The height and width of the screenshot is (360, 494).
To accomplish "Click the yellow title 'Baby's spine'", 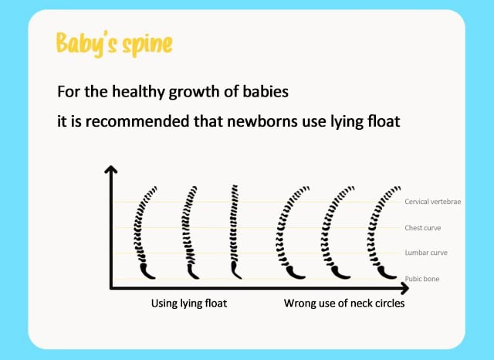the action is pyautogui.click(x=114, y=44).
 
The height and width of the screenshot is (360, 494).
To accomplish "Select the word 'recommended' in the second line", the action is pyautogui.click(x=137, y=121).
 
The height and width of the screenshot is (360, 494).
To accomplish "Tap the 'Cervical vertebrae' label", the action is pyautogui.click(x=432, y=202).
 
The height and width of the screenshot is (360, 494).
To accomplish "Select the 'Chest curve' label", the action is pyautogui.click(x=423, y=228).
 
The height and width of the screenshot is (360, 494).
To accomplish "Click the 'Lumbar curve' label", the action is pyautogui.click(x=426, y=253).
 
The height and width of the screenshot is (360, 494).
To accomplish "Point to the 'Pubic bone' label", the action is pyautogui.click(x=422, y=279).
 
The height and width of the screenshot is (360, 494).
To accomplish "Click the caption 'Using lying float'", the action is pyautogui.click(x=189, y=304).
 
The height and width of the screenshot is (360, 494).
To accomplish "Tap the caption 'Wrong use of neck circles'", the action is pyautogui.click(x=344, y=304).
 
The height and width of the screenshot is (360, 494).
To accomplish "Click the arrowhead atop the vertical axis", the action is pyautogui.click(x=110, y=170).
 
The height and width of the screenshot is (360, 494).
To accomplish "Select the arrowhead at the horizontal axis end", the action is pyautogui.click(x=405, y=288).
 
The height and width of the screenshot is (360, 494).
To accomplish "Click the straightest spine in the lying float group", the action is pyautogui.click(x=234, y=232).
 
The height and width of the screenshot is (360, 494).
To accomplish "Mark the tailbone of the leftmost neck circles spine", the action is pyautogui.click(x=295, y=273).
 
